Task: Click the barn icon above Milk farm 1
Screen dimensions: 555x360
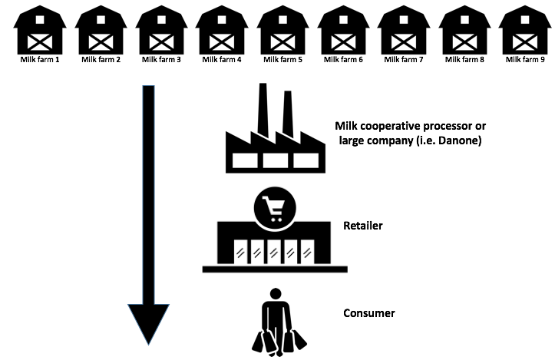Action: (x=40, y=30)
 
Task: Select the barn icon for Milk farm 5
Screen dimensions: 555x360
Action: (x=282, y=30)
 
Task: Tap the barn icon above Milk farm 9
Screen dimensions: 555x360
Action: (x=525, y=30)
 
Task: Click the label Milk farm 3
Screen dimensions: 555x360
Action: (x=161, y=59)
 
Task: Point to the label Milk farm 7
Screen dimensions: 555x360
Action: (x=404, y=59)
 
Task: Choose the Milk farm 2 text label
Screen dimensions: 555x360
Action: (x=101, y=59)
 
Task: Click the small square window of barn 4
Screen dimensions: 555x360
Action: (x=222, y=19)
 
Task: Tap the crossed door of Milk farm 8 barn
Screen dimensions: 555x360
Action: (x=464, y=42)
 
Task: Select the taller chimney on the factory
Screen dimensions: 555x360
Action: (x=263, y=110)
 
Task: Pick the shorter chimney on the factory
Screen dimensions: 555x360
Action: (x=288, y=114)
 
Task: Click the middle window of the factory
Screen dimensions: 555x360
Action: (x=276, y=160)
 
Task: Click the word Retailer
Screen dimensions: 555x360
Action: (x=363, y=226)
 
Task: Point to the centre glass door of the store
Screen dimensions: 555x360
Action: (x=273, y=252)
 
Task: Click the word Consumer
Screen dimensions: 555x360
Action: (x=368, y=313)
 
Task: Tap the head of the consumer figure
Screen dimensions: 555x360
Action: (x=276, y=293)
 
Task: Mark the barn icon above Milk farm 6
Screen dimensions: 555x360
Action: (x=343, y=30)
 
